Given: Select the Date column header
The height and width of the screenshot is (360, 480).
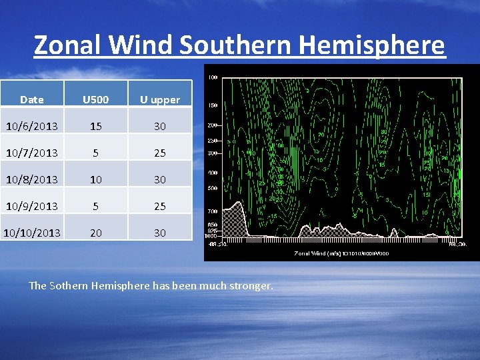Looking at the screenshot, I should coord(32,100).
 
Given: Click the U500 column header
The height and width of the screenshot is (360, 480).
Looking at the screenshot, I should coord(95,100).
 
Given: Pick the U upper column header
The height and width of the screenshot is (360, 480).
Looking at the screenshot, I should coord(159,100).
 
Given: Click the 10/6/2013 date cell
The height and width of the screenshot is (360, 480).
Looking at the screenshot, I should coord(32,126).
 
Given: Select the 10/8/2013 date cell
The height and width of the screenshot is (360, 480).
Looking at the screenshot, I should coord(32,179).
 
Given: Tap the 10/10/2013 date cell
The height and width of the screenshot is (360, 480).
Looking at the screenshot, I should coord(32,233).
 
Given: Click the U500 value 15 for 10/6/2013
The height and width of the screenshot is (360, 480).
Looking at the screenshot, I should coord(95,126).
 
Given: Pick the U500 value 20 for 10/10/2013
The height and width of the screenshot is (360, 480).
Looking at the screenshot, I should coord(95,233).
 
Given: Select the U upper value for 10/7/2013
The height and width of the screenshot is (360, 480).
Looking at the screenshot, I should coord(159,153).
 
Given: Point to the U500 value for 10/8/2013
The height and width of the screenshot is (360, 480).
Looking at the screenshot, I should coord(95,179).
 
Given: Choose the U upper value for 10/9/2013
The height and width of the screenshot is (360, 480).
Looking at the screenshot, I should coord(159,206).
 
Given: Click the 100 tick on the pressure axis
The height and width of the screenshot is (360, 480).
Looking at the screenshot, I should coord(213,78).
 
